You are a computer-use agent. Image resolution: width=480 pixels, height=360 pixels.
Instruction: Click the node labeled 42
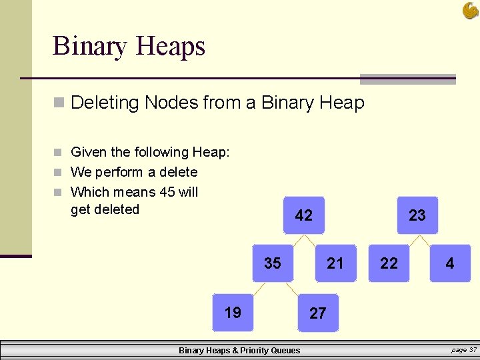[x=303, y=215]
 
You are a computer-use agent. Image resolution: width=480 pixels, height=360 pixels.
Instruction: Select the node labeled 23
[x=417, y=215]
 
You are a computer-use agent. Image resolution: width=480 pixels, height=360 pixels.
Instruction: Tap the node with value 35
[x=273, y=263]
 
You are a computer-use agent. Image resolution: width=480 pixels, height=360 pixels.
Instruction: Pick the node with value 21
[x=335, y=263]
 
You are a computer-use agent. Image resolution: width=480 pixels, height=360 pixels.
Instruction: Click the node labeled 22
[x=389, y=263]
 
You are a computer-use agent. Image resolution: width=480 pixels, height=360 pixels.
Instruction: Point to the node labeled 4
[x=450, y=263]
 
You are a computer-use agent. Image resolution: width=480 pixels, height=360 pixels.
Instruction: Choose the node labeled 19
[x=233, y=312]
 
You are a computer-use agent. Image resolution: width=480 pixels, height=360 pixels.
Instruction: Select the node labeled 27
[x=318, y=313]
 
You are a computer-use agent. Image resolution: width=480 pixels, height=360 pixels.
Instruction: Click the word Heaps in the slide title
[x=170, y=47]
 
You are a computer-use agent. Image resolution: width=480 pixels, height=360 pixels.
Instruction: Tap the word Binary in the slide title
[x=89, y=47]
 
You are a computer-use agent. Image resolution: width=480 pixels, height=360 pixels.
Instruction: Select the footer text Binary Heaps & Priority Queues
[x=239, y=351]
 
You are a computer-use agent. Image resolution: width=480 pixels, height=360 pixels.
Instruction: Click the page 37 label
[x=464, y=350]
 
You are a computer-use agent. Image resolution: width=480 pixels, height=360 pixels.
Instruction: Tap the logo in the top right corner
[x=470, y=10]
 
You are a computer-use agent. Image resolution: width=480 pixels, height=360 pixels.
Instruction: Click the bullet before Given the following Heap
[x=59, y=153]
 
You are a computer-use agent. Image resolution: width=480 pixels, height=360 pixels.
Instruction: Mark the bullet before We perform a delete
[x=59, y=173]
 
